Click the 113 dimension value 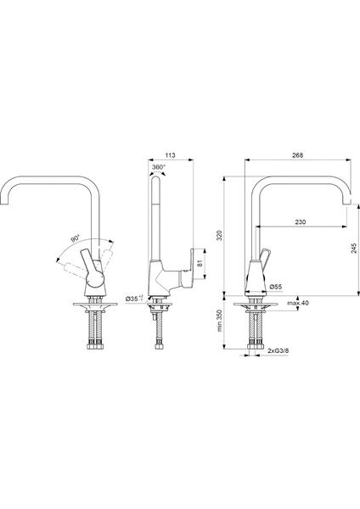(x=171, y=155)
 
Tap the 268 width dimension (x=297, y=155)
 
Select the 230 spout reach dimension (x=301, y=222)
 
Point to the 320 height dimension (x=219, y=236)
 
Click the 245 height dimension (x=354, y=248)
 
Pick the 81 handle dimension (x=200, y=263)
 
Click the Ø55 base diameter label (x=276, y=287)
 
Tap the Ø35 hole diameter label (x=134, y=299)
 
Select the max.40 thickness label (x=298, y=303)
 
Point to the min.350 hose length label (x=220, y=321)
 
